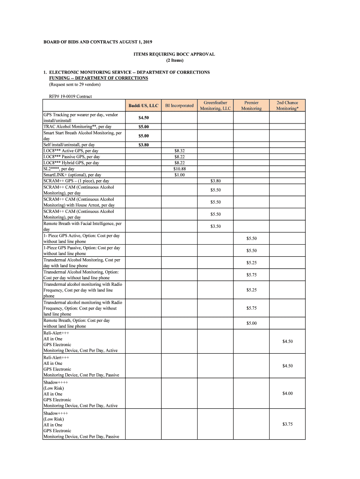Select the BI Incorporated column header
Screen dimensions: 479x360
point(179,106)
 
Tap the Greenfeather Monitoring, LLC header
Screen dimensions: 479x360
point(216,106)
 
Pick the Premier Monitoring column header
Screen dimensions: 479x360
point(251,106)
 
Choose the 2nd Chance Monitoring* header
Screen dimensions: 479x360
point(287,106)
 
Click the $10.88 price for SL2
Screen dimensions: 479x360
point(180,169)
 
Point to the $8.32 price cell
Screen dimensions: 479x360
point(180,151)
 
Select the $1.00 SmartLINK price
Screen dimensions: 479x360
point(180,175)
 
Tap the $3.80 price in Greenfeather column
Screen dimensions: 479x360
point(216,181)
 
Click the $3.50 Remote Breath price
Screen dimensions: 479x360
point(216,226)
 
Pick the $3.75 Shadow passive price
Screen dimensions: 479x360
point(288,424)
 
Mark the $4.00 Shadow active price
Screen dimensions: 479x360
point(288,393)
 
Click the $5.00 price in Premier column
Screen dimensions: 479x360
point(252,323)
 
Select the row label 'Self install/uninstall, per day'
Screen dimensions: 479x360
point(69,145)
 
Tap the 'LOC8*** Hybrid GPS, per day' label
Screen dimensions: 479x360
point(71,163)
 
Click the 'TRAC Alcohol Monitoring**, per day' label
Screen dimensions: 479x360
point(78,127)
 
